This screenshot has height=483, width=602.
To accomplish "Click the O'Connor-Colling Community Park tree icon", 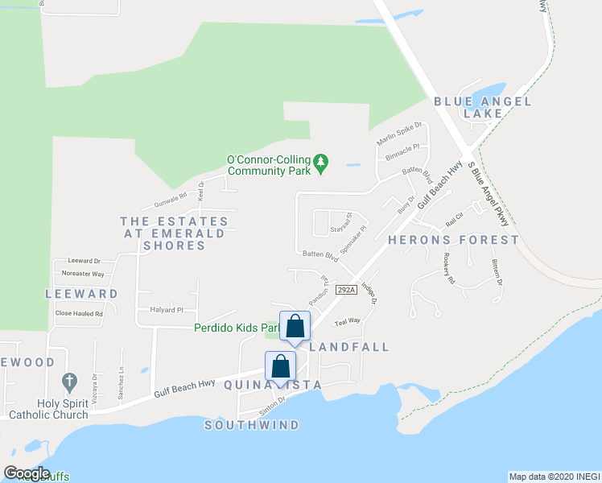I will pyautogui.click(x=321, y=163).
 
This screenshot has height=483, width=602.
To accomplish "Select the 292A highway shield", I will pyautogui.click(x=346, y=290).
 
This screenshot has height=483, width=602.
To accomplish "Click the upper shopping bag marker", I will pyautogui.click(x=295, y=327).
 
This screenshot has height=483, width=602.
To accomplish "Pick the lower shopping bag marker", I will pyautogui.click(x=280, y=367).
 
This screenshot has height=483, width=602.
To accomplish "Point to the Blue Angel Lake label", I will pyautogui.click(x=483, y=107).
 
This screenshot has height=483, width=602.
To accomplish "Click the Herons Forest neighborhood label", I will pyautogui.click(x=453, y=240).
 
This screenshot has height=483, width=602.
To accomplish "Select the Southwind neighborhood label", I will pyautogui.click(x=252, y=425).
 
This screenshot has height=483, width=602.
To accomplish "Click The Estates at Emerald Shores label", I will pyautogui.click(x=174, y=233).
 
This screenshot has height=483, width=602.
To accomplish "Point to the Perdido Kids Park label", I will pyautogui.click(x=236, y=328).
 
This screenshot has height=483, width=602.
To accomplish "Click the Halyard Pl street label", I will pyautogui.click(x=167, y=310).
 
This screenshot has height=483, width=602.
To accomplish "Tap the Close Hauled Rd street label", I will pyautogui.click(x=79, y=314).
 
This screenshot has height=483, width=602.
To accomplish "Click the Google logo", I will pyautogui.click(x=27, y=473).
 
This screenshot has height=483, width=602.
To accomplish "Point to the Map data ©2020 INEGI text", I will pyautogui.click(x=554, y=477).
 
